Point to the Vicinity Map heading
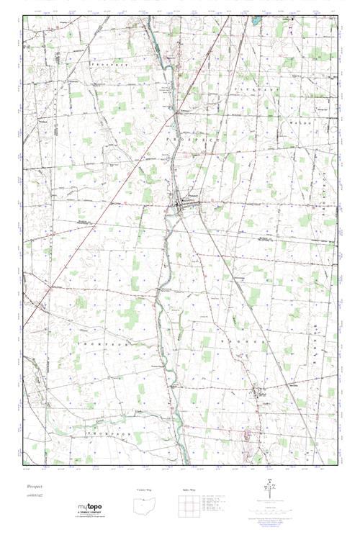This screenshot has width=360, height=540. (145, 490)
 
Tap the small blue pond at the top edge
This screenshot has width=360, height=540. (253, 21)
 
